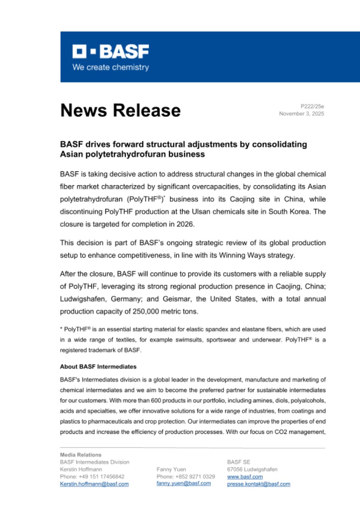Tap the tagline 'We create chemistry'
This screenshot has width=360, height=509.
[x=110, y=67]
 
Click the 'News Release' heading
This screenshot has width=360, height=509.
[x=120, y=110]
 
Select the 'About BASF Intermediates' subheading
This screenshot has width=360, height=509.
[x=98, y=366]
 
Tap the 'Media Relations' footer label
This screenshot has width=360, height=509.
[x=80, y=455]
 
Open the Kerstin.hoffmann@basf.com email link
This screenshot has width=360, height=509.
[x=94, y=484]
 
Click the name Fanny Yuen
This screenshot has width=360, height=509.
[x=171, y=469]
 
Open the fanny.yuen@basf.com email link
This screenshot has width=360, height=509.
[x=183, y=483]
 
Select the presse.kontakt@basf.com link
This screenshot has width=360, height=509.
[x=258, y=484]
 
